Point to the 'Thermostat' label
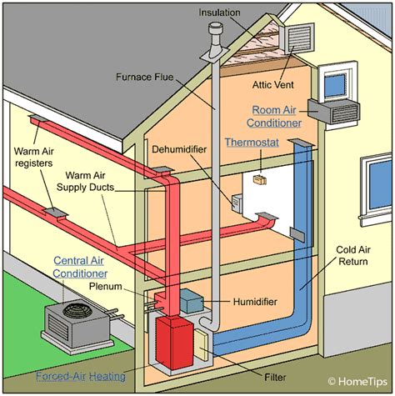(251, 143)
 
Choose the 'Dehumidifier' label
(179, 151)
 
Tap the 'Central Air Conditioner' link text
(81, 266)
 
